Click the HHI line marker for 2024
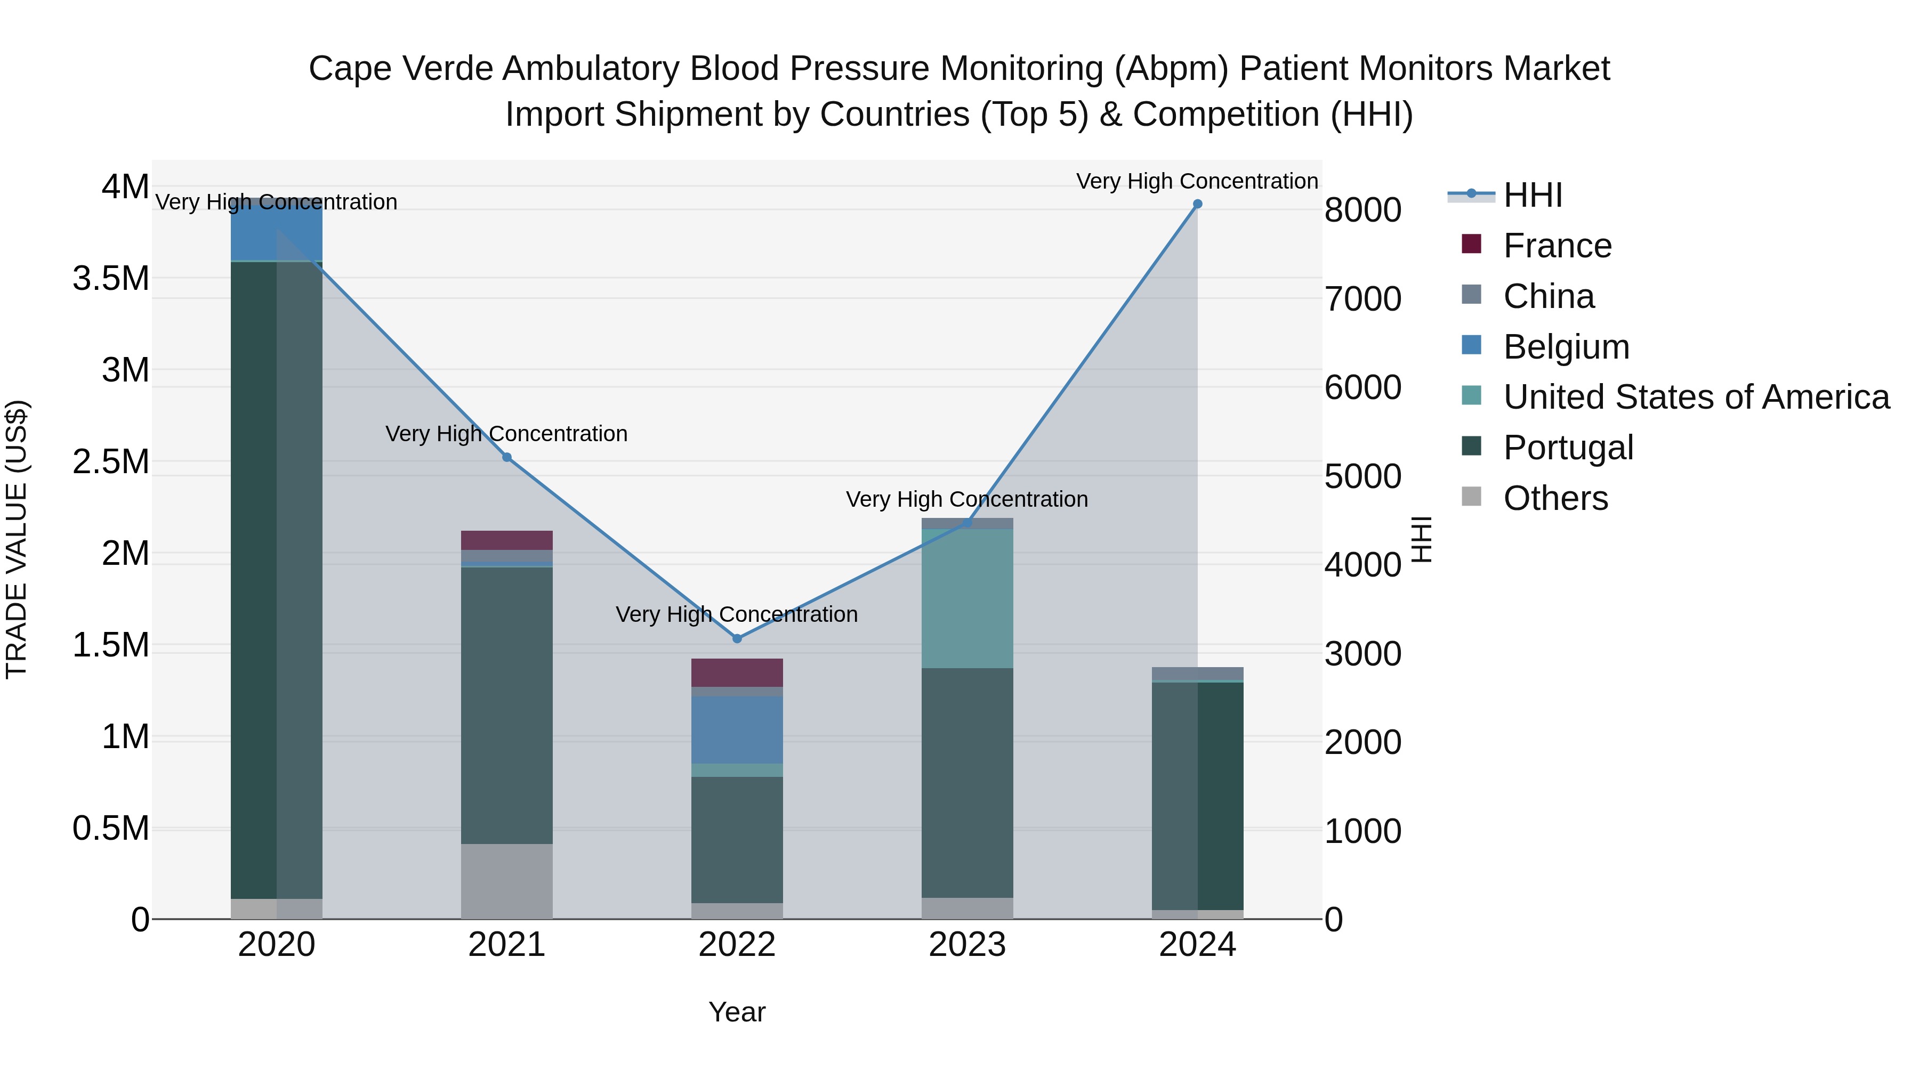1197,204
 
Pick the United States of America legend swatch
1471,395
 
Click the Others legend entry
1555,498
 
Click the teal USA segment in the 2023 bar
967,599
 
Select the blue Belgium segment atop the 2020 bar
276,231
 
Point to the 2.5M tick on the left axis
111,461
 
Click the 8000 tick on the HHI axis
1362,210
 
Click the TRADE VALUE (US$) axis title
17,539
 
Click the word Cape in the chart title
349,69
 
